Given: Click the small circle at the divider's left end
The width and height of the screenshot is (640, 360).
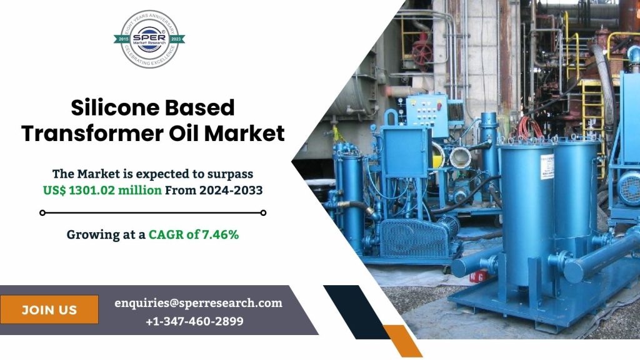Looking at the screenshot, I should point(42,213).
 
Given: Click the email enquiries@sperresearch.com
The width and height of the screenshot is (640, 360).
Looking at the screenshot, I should point(198,303).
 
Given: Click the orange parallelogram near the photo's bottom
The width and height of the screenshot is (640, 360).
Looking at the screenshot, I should point(403,341).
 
